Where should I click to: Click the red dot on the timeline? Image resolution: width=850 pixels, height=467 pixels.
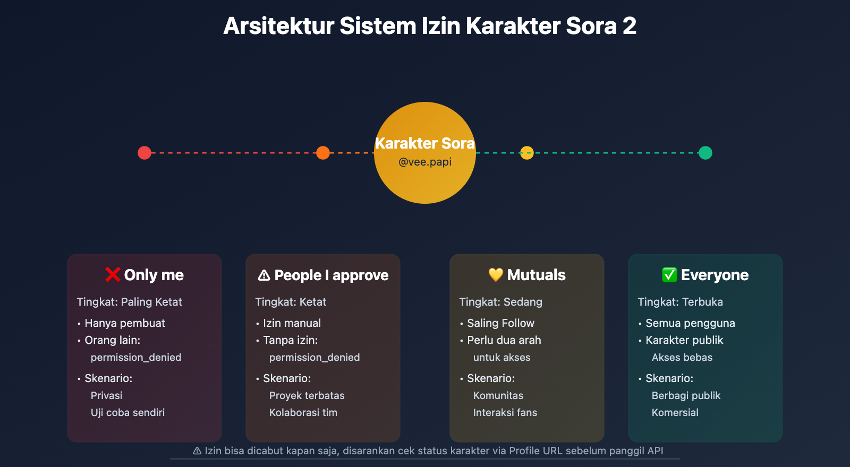coord(144,153)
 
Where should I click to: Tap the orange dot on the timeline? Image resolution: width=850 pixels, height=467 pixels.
coord(323,153)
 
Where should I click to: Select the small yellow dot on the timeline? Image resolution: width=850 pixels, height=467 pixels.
coord(526,153)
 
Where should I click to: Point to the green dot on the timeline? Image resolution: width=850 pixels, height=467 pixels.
coord(705,153)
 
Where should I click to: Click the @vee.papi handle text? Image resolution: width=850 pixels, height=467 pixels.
coord(425,162)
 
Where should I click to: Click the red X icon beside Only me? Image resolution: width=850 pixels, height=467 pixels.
coord(113,275)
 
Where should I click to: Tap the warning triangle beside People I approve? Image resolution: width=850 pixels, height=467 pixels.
coord(264,275)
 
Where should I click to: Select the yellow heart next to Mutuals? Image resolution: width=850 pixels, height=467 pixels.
coord(496,275)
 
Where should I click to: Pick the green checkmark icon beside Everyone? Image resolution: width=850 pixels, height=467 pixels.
coord(669,275)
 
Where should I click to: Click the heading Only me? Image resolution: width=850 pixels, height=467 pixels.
coord(154,275)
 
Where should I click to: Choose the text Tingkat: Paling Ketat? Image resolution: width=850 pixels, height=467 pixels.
coord(129,302)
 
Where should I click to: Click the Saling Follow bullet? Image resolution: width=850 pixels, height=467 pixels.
coord(500,323)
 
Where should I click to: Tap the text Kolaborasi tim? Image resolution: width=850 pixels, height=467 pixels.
coord(303,412)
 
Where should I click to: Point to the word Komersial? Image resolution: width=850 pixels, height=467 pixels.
coord(675,412)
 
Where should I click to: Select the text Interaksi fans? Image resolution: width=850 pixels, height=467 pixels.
coord(505,412)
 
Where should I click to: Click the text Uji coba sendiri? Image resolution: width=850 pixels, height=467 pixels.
coord(127,412)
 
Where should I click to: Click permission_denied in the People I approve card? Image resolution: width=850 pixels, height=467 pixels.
coord(314,357)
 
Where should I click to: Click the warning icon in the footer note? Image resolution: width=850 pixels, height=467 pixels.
coord(197,451)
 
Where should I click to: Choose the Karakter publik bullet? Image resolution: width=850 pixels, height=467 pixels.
coord(684,340)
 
